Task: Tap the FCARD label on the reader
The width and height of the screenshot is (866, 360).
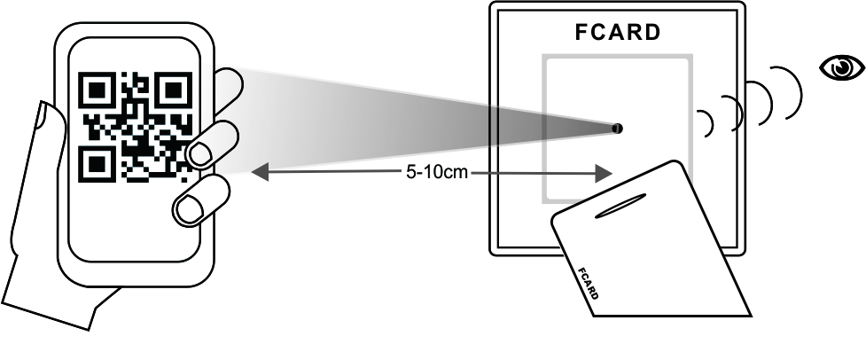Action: (618, 34)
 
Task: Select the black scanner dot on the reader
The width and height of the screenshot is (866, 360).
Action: (617, 129)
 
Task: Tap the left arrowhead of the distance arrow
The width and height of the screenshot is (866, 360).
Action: (259, 172)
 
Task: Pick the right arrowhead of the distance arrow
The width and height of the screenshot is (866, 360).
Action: (605, 172)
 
